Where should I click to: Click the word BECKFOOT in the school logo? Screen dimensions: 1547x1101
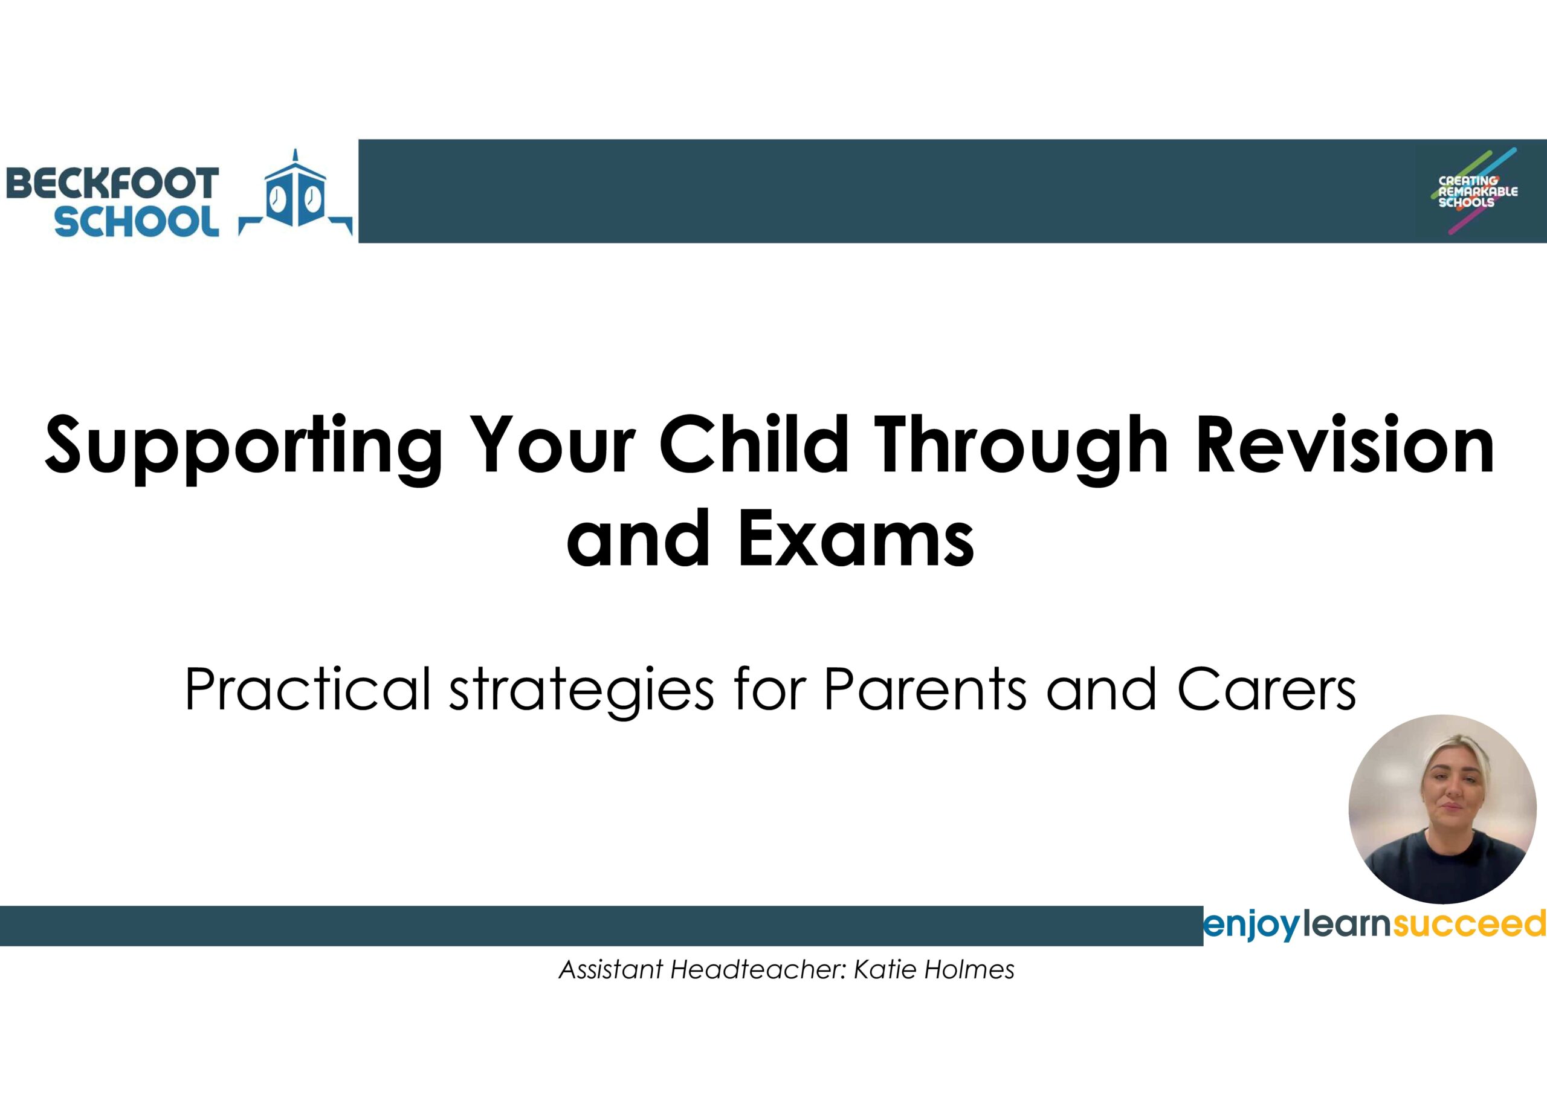click(112, 184)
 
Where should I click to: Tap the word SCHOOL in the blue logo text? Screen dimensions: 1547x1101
click(137, 221)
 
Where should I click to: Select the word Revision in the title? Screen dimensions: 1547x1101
click(1346, 444)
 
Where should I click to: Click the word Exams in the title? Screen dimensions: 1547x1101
click(856, 539)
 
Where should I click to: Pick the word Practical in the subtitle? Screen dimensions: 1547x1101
click(307, 689)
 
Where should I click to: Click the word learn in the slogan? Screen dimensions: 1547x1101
click(1346, 924)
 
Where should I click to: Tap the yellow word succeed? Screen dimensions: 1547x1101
click(1469, 924)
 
